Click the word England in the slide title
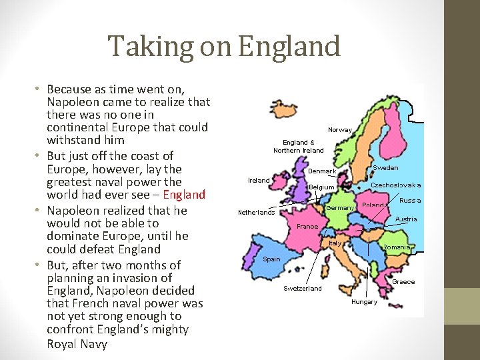coord(288,47)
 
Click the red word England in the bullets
coord(184,195)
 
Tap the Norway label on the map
coord(340,129)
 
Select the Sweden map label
coord(385,168)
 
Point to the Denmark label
coord(322,171)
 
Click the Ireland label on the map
coord(259,180)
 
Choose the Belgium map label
coord(321,187)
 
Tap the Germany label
coord(340,208)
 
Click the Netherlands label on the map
coord(257,213)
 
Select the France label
coord(307,226)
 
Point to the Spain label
coord(271,259)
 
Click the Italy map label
coord(335,243)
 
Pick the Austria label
coord(406,219)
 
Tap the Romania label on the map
coord(396,247)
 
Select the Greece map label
coord(403,281)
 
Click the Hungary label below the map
coord(364,302)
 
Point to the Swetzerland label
coord(303,288)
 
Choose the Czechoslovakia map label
coord(396,185)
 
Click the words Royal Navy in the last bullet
coord(77,344)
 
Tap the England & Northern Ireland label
coord(299,146)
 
